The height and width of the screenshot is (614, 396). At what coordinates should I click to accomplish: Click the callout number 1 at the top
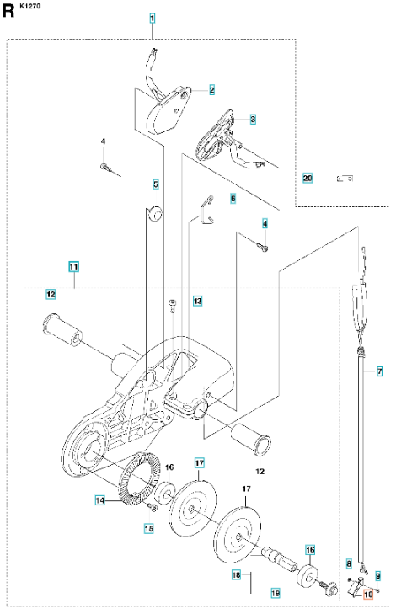pyautogui.click(x=152, y=18)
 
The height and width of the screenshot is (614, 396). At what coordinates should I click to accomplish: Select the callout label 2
pyautogui.click(x=212, y=90)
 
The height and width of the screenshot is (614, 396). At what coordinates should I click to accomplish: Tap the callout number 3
pyautogui.click(x=253, y=119)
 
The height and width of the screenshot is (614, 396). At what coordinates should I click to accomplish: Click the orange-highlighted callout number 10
pyautogui.click(x=368, y=595)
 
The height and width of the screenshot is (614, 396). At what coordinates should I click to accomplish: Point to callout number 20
pyautogui.click(x=308, y=179)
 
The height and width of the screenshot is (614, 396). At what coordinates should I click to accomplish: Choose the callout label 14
pyautogui.click(x=100, y=500)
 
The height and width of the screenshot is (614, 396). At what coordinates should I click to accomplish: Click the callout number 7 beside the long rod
pyautogui.click(x=379, y=371)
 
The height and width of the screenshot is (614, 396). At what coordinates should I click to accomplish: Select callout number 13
pyautogui.click(x=197, y=302)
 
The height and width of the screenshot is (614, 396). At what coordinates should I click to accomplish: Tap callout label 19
pyautogui.click(x=276, y=593)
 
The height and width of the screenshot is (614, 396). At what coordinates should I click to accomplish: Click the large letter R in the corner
pyautogui.click(x=8, y=11)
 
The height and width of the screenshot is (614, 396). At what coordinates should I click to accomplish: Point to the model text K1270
pyautogui.click(x=29, y=6)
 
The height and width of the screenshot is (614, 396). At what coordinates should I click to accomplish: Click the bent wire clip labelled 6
pyautogui.click(x=207, y=211)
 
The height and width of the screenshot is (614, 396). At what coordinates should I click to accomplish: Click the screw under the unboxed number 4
pyautogui.click(x=106, y=167)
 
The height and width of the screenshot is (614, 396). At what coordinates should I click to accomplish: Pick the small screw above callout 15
pyautogui.click(x=153, y=508)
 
